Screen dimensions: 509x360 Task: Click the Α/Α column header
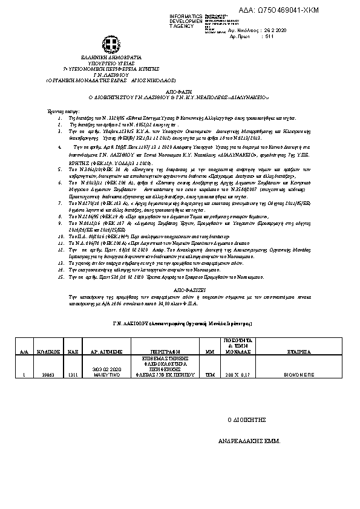[x=24, y=351]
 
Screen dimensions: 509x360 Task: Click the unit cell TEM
[x=210, y=375]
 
